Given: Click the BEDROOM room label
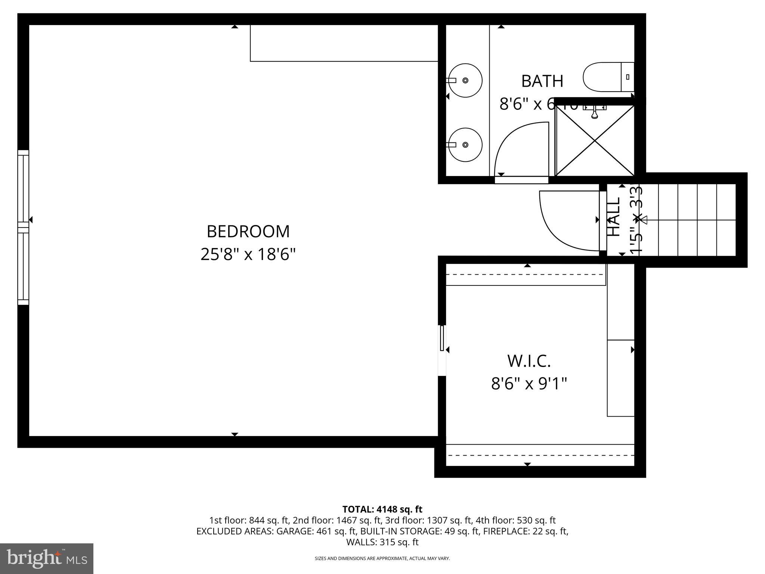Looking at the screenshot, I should point(248,231).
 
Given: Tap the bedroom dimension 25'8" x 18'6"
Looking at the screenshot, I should point(248,254).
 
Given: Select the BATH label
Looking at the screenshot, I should point(542,81).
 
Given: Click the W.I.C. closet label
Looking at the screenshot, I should point(529,361).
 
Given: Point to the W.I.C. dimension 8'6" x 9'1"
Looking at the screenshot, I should point(529,383).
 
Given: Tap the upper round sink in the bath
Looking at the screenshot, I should point(465,80).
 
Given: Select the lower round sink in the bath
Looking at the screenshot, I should point(465,145).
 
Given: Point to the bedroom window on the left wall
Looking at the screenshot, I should point(23,227).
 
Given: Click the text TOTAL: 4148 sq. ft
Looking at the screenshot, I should point(382,509).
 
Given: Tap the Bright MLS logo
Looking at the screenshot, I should point(47,559).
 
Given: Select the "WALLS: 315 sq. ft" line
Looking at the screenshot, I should point(382,542).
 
